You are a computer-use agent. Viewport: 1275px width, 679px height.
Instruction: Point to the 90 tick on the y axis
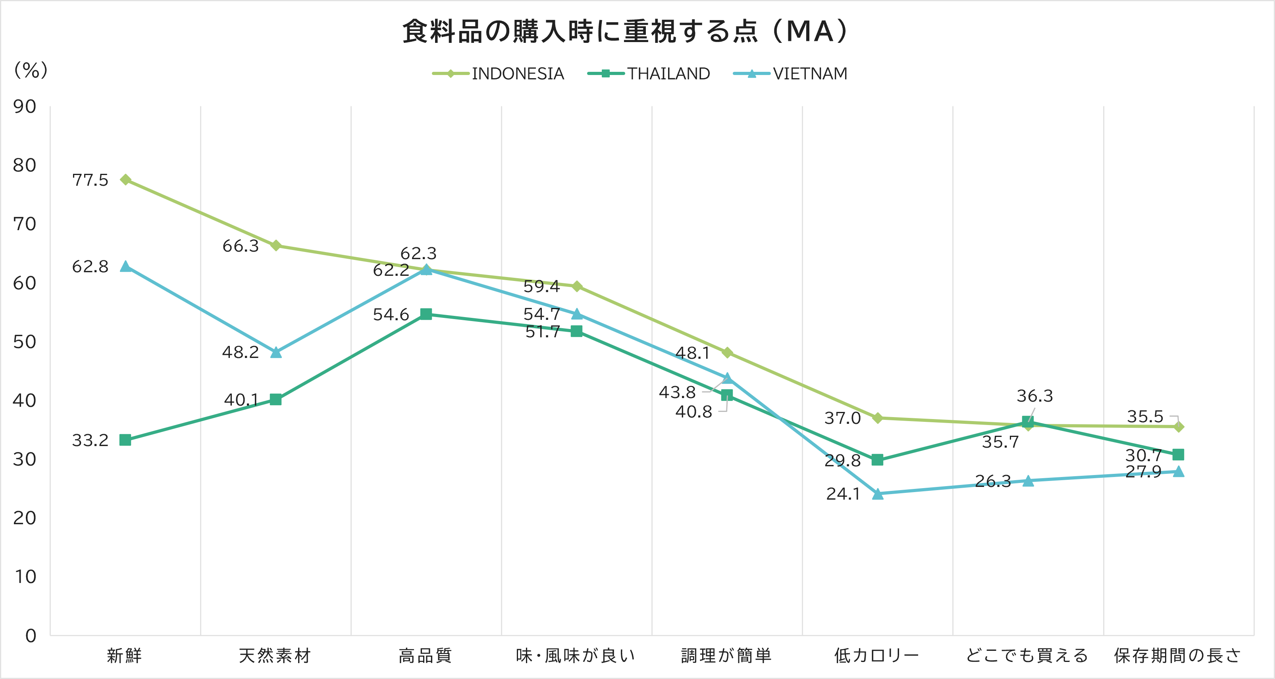point(25,106)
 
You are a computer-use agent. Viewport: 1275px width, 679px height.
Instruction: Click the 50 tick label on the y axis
point(25,341)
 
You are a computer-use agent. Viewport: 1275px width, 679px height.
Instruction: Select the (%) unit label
point(31,70)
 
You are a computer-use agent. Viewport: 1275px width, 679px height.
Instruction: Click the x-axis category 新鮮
point(125,655)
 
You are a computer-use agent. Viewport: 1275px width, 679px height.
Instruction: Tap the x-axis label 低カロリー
point(876,655)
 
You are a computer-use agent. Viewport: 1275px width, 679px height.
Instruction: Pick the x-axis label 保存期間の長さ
point(1177,655)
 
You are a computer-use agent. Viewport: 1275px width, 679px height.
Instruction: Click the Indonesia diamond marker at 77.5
point(126,180)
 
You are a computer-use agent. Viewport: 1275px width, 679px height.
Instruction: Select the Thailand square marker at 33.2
point(125,440)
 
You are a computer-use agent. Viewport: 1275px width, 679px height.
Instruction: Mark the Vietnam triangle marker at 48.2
point(276,352)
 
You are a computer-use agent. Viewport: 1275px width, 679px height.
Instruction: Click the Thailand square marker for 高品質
point(426,314)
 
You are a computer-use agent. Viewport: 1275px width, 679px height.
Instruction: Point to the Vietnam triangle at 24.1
point(878,493)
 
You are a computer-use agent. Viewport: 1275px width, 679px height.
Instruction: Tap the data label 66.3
point(241,246)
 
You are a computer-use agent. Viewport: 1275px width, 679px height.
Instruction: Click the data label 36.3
point(1034,396)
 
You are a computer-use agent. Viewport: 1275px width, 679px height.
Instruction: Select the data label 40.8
point(693,412)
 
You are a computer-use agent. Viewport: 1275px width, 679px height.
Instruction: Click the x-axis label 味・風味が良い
point(576,655)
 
